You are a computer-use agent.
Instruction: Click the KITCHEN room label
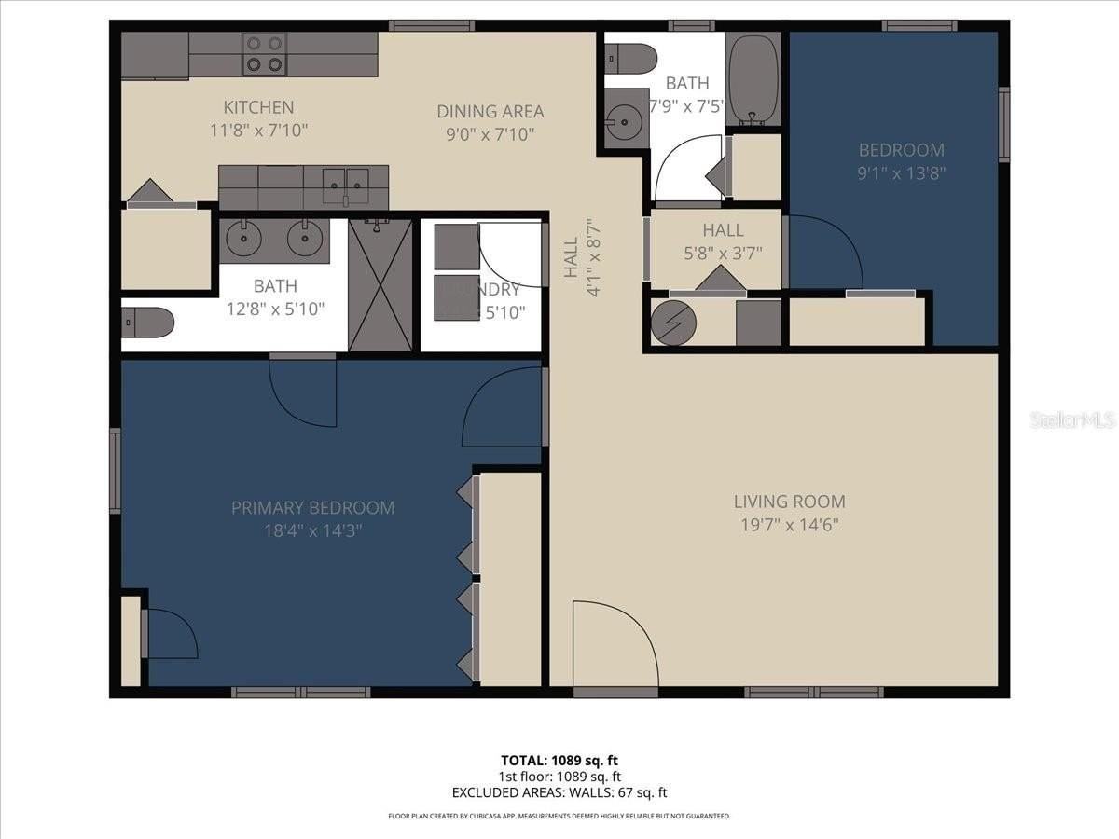(x=258, y=107)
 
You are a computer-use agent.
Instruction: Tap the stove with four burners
(x=264, y=54)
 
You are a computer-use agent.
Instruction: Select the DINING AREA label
(x=490, y=112)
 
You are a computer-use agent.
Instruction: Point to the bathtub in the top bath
(x=753, y=79)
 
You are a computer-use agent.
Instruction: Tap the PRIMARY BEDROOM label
(x=312, y=508)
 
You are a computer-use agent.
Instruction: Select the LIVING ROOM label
(x=789, y=502)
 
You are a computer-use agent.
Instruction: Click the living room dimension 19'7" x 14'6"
(x=789, y=525)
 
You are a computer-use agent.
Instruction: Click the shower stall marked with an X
(x=380, y=285)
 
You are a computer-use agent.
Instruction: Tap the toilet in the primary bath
(x=147, y=323)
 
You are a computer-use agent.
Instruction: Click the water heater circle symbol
(x=672, y=323)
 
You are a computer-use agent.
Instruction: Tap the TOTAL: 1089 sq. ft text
(x=559, y=759)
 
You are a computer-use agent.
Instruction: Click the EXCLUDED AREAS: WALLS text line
(x=559, y=793)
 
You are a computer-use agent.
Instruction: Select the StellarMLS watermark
(x=1072, y=420)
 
